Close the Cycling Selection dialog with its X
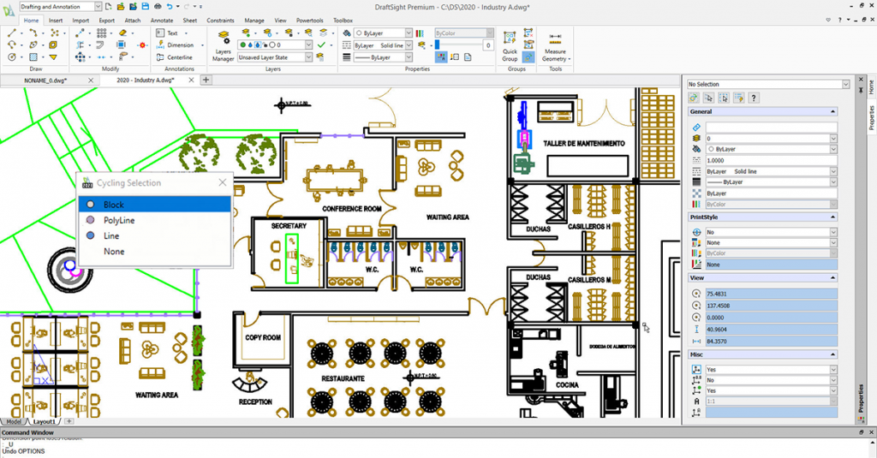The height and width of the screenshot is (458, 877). [x=223, y=182]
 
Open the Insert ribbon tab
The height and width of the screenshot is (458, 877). [x=56, y=20]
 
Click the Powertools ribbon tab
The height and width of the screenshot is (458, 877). [x=310, y=20]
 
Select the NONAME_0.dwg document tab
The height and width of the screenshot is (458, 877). [x=45, y=80]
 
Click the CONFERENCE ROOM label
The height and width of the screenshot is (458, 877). [x=351, y=209]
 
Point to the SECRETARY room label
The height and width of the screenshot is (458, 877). [x=289, y=226]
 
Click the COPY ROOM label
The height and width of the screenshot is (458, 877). [x=263, y=338]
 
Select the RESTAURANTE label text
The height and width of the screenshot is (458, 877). [x=343, y=378]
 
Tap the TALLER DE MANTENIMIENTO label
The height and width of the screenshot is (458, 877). [x=583, y=144]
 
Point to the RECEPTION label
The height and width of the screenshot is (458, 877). [x=255, y=401]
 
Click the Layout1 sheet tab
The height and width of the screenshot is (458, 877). [x=43, y=421]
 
